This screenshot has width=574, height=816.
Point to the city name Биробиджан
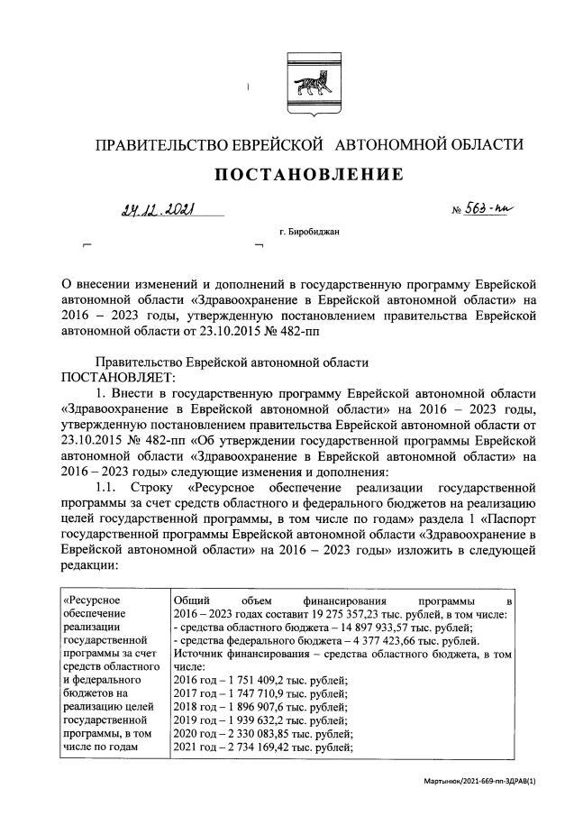(314, 232)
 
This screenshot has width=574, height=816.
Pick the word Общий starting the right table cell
(192, 601)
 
